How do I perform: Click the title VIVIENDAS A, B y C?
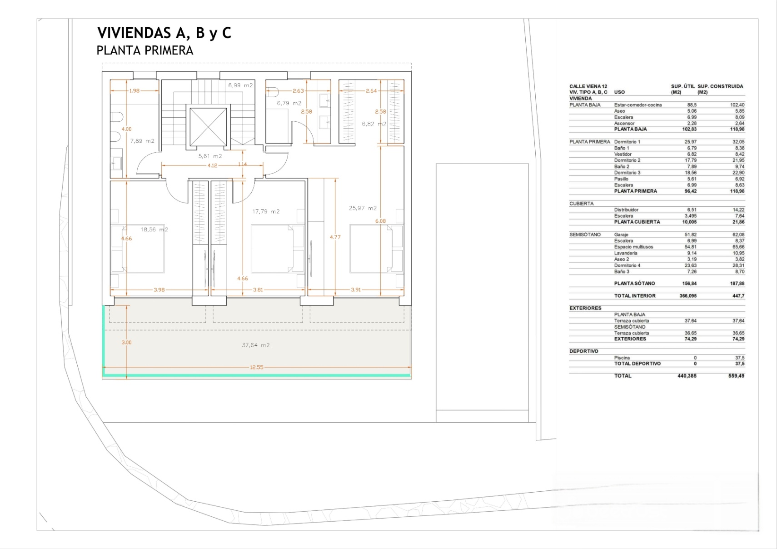164,33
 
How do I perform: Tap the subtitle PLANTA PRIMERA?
144,50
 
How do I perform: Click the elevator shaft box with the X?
208,127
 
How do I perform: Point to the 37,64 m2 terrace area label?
256,345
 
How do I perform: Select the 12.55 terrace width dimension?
256,367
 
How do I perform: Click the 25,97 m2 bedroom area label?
363,208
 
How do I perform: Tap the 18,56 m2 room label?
154,230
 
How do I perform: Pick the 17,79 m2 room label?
266,211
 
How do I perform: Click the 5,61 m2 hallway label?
210,156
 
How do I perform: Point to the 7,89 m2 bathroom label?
142,141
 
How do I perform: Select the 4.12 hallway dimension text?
212,165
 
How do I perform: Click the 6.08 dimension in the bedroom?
380,221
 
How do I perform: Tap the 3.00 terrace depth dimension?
127,343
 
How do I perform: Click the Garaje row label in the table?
621,235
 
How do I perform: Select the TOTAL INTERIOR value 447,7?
738,296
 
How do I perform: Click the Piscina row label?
622,357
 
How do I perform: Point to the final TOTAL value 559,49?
737,376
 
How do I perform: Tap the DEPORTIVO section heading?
584,351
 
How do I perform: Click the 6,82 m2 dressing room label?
374,124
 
